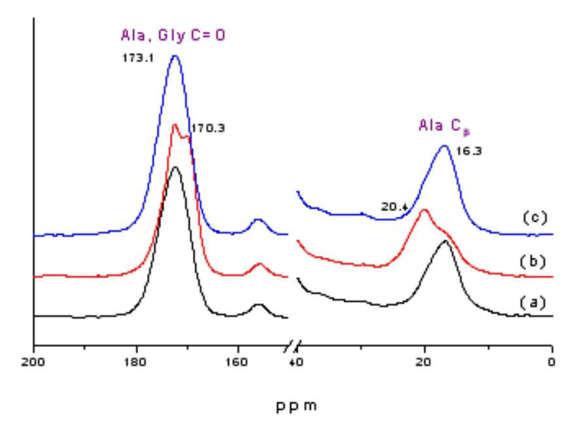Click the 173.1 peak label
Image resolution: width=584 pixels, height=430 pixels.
pyautogui.click(x=138, y=58)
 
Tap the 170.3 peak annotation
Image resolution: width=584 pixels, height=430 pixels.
pyautogui.click(x=208, y=129)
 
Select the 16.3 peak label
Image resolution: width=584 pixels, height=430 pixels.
pyautogui.click(x=468, y=151)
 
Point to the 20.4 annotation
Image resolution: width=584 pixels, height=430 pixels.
pyautogui.click(x=394, y=207)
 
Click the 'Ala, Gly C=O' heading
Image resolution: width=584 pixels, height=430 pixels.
pyautogui.click(x=173, y=35)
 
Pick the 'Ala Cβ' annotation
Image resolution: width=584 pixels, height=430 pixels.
pyautogui.click(x=444, y=126)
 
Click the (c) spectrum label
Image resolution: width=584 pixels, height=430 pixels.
pyautogui.click(x=535, y=218)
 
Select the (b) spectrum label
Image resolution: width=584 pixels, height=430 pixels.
pyautogui.click(x=533, y=262)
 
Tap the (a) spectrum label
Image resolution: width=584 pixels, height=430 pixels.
pyautogui.click(x=533, y=303)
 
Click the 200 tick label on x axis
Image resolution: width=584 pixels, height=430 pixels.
pyautogui.click(x=33, y=362)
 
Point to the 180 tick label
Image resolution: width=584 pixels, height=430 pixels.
pyautogui.click(x=135, y=362)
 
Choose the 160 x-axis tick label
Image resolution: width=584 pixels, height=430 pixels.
pyautogui.click(x=237, y=362)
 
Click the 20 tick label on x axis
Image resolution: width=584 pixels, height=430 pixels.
pyautogui.click(x=424, y=362)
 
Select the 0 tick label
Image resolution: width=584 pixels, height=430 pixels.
pyautogui.click(x=551, y=362)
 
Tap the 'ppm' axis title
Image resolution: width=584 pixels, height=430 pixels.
pyautogui.click(x=296, y=406)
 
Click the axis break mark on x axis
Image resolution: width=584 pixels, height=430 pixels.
pyautogui.click(x=292, y=346)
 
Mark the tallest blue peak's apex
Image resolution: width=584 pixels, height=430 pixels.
pyautogui.click(x=175, y=56)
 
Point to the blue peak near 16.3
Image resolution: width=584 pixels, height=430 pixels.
pyautogui.click(x=444, y=146)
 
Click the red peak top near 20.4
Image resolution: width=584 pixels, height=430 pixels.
pyautogui.click(x=424, y=210)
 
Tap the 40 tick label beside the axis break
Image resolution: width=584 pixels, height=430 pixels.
pyautogui.click(x=296, y=362)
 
